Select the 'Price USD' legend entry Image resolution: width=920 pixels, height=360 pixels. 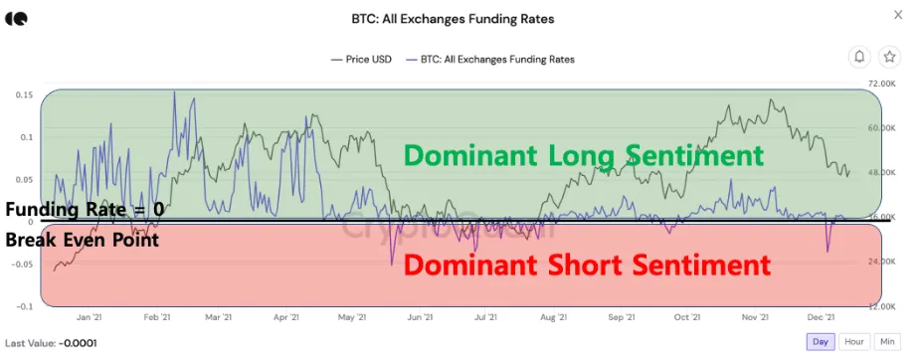366,59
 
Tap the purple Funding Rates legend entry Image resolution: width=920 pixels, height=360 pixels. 495,59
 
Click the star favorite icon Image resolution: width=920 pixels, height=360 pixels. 890,57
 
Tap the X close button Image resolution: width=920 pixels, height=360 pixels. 899,15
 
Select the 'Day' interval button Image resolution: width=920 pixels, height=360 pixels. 821,341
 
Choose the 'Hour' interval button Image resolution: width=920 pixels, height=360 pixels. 854,341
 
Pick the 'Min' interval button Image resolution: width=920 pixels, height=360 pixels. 886,341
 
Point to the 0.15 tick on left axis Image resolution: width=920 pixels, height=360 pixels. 22,95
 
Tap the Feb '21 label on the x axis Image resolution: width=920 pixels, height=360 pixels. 155,318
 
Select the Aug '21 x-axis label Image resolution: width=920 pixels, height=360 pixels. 553,318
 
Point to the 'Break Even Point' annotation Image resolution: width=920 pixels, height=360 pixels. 83,240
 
